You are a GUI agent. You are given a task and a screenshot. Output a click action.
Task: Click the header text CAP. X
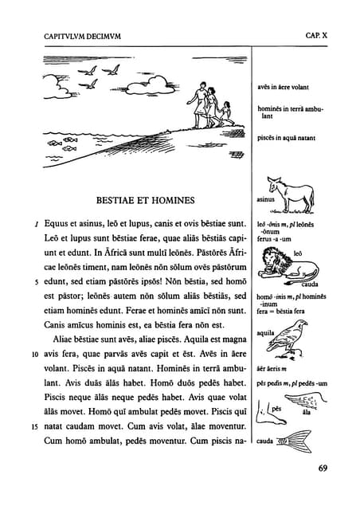[x=316, y=36]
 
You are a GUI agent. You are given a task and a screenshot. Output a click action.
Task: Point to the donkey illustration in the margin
[x=292, y=194]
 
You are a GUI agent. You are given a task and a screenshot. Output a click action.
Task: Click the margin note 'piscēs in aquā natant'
[x=286, y=138]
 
